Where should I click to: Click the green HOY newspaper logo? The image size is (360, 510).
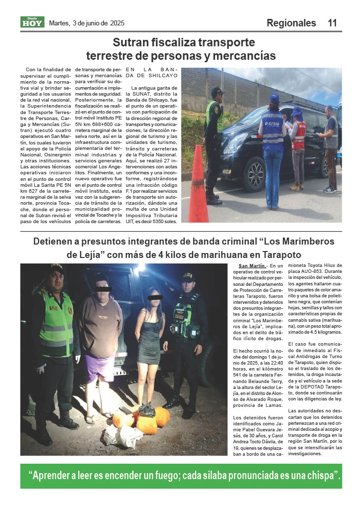[32, 22]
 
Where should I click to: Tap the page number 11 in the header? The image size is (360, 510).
[333, 23]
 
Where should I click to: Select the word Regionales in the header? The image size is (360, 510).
[291, 23]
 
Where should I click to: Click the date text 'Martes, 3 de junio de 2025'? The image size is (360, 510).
[87, 23]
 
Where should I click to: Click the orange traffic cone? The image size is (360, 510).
[198, 185]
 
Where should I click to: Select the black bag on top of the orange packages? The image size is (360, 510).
[147, 409]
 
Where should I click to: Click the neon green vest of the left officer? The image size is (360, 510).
[56, 324]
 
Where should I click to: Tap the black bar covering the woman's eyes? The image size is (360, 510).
[155, 297]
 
